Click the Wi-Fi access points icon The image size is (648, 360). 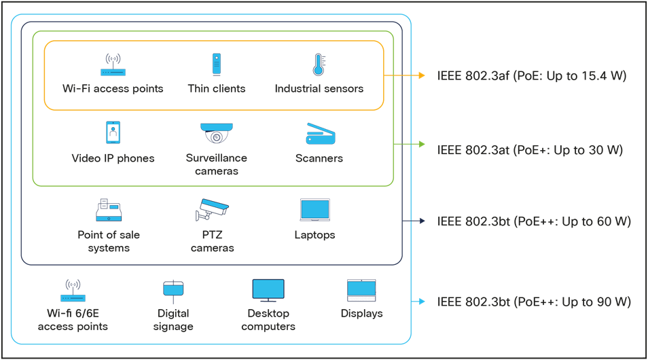click(113, 65)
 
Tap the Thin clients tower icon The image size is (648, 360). click(217, 65)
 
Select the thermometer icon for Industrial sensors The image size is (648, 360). click(318, 65)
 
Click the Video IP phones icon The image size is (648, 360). click(113, 132)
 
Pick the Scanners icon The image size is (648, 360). click(319, 133)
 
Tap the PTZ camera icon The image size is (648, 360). click(212, 209)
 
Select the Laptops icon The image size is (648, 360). click(314, 211)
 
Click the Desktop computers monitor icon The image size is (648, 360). click(268, 290)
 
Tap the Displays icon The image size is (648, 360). click(361, 290)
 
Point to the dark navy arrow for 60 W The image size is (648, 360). click(415, 221)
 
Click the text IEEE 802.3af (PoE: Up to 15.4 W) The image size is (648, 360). click(531, 75)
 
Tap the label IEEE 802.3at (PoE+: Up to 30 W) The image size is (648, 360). click(530, 149)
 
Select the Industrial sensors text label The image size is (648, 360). click(319, 89)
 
